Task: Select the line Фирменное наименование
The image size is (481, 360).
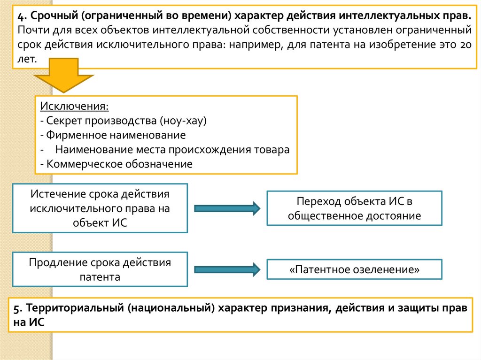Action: point(113,135)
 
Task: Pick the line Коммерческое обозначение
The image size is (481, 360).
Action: point(116,164)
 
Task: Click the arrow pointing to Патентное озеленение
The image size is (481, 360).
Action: point(227,269)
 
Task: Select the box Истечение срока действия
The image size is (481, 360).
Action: point(100,208)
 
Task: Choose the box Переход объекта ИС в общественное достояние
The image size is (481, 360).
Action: point(354,208)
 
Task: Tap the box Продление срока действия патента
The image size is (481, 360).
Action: point(100,269)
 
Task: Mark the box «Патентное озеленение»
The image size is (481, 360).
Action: point(354,270)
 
